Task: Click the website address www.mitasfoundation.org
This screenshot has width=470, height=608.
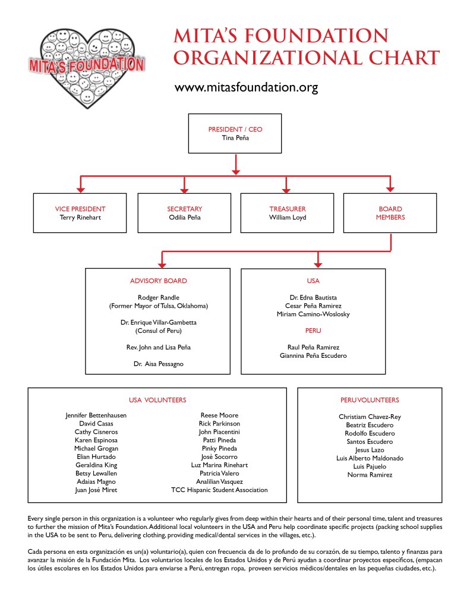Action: tap(246, 88)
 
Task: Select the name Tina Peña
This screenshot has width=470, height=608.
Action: tap(235, 138)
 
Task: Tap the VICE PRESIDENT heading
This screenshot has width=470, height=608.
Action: tap(80, 209)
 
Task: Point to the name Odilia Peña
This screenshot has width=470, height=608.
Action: tap(184, 218)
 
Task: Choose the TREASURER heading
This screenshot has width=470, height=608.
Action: tap(287, 209)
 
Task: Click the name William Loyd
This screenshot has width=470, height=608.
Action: tap(287, 218)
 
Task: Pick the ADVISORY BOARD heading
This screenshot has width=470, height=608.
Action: tap(158, 281)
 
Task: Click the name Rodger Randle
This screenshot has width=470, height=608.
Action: tap(158, 297)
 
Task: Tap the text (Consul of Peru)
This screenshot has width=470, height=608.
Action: tap(158, 330)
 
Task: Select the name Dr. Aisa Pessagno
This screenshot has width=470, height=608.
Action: tap(158, 364)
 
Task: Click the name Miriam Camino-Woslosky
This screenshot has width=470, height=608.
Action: tap(313, 314)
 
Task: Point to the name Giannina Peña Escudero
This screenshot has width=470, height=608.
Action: tap(313, 355)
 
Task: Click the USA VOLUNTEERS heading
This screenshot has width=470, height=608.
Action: tap(157, 400)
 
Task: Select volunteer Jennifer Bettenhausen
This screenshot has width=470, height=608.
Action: tap(96, 415)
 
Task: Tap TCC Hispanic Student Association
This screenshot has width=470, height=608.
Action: tap(219, 490)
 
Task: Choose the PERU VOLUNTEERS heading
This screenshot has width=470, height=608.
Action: tap(370, 400)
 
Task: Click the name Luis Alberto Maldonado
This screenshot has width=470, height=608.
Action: tap(370, 458)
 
